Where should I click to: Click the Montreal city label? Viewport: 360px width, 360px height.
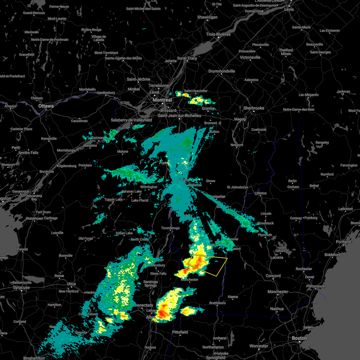[x=162, y=100]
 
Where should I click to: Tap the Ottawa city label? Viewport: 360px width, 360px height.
[x=46, y=106]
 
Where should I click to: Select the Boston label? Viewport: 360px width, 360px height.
[x=299, y=338]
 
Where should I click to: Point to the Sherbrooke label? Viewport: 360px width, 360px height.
[x=254, y=108]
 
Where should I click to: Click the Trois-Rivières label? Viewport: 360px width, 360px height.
[x=218, y=34]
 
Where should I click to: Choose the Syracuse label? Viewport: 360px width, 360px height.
[x=21, y=287]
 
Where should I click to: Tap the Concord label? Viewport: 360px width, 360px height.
[x=273, y=276]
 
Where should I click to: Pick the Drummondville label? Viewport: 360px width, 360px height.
[x=222, y=71]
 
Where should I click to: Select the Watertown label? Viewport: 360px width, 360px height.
[x=34, y=219]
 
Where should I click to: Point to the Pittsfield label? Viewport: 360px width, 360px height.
[x=180, y=332]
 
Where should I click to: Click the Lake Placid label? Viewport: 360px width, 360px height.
[x=140, y=200]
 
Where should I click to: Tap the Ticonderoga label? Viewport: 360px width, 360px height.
[x=170, y=228]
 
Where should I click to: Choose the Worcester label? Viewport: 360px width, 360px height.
[x=259, y=346]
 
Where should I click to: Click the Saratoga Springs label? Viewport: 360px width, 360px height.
[x=150, y=283]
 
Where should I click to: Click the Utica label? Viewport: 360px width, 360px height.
[x=71, y=284]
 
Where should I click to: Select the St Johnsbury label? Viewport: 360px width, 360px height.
[x=236, y=187]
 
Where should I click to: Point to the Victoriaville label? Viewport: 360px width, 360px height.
[x=250, y=57]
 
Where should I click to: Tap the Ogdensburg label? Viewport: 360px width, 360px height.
[x=67, y=166]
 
